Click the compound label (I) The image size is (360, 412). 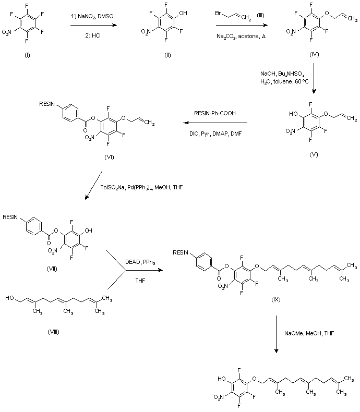[28, 56]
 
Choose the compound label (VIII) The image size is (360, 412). [52, 332]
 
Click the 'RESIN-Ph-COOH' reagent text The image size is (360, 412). [213, 112]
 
